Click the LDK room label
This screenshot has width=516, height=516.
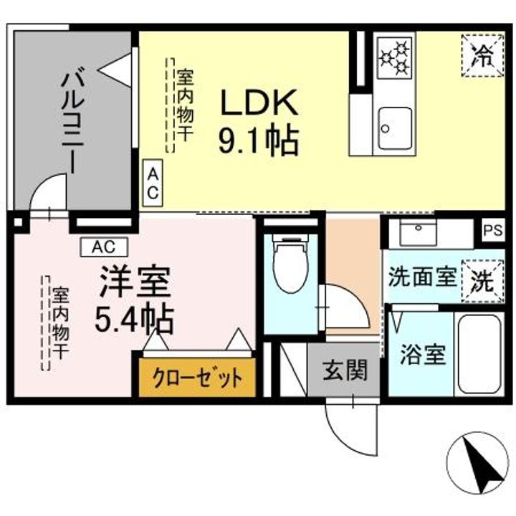pyautogui.click(x=258, y=104)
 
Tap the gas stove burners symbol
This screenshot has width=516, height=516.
pyautogui.click(x=395, y=58)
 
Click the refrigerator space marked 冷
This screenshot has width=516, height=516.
pyautogui.click(x=481, y=56)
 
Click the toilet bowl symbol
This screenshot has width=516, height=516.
pyautogui.click(x=291, y=268)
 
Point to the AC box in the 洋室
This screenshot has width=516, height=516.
pyautogui.click(x=103, y=247)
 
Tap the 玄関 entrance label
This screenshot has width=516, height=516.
pyautogui.click(x=345, y=371)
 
